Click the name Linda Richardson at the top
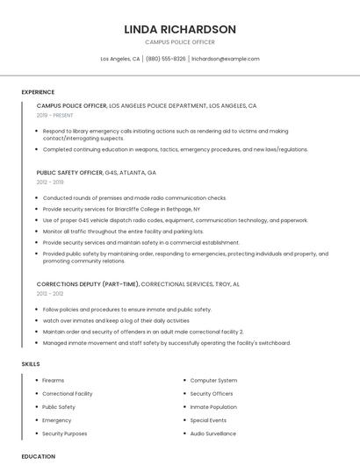pyautogui.click(x=180, y=29)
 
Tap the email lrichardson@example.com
pyautogui.click(x=226, y=59)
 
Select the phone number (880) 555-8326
pyautogui.click(x=166, y=59)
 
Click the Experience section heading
pyautogui.click(x=38, y=92)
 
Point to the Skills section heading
pyautogui.click(x=31, y=363)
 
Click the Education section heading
pyautogui.click(x=39, y=456)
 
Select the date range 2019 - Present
pyautogui.click(x=55, y=115)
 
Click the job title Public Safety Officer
pyautogui.click(x=69, y=173)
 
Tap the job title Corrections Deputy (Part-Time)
pyautogui.click(x=88, y=284)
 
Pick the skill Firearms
pyautogui.click(x=54, y=380)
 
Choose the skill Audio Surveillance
pyautogui.click(x=213, y=433)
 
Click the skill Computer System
pyautogui.click(x=214, y=380)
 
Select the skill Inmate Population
pyautogui.click(x=213, y=407)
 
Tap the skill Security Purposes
pyautogui.click(x=65, y=433)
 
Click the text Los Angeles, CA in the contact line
pyautogui.click(x=120, y=59)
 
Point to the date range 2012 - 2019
pyautogui.click(x=50, y=182)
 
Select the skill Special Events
pyautogui.click(x=208, y=420)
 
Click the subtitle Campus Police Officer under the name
pyautogui.click(x=180, y=41)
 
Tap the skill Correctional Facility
pyautogui.click(x=68, y=394)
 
